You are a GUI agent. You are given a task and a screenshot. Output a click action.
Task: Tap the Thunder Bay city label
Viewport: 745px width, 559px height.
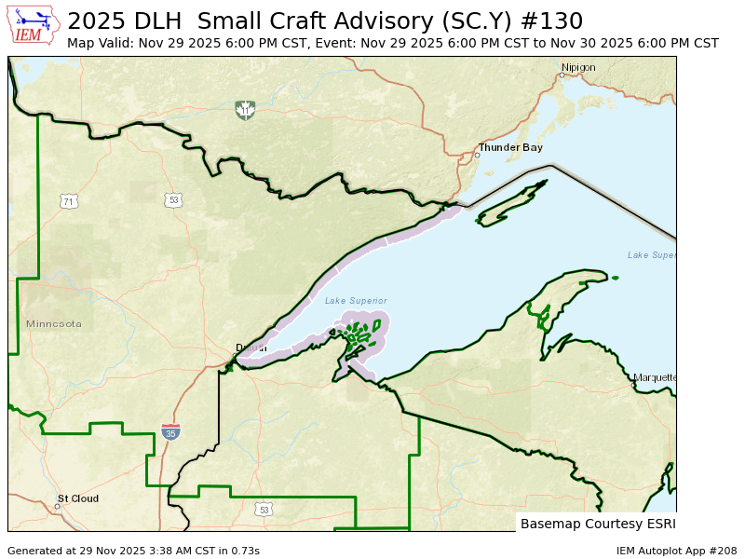point(510,148)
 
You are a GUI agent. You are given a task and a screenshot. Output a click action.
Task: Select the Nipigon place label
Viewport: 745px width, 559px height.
point(578,67)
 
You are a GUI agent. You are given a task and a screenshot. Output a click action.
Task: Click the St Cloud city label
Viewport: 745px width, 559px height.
point(78,498)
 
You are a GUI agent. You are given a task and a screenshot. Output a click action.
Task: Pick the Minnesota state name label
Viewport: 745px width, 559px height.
point(54,324)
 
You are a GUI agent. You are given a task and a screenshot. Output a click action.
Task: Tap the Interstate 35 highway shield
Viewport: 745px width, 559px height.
point(170,431)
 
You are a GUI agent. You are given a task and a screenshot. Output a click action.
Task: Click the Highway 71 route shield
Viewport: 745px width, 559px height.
point(68,201)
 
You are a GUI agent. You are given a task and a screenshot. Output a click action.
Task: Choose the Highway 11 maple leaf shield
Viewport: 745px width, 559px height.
point(245,111)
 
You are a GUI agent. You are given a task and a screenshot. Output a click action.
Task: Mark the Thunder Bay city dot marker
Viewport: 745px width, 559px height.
point(477,155)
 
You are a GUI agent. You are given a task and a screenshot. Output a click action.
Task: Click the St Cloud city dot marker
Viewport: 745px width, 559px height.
point(57,506)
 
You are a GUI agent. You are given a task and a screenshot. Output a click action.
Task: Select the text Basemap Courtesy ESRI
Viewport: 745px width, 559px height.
point(596,524)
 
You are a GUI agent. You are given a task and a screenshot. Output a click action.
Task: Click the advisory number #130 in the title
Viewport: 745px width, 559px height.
point(551,21)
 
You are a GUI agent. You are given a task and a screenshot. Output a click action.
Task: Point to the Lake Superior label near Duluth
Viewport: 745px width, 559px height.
point(356,300)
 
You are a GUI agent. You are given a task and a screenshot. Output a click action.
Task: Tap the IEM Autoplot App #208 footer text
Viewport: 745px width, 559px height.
point(677,551)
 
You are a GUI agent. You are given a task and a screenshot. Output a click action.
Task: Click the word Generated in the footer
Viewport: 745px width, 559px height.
point(35,551)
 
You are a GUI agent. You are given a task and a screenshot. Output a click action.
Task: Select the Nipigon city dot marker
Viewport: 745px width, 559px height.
point(562,75)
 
